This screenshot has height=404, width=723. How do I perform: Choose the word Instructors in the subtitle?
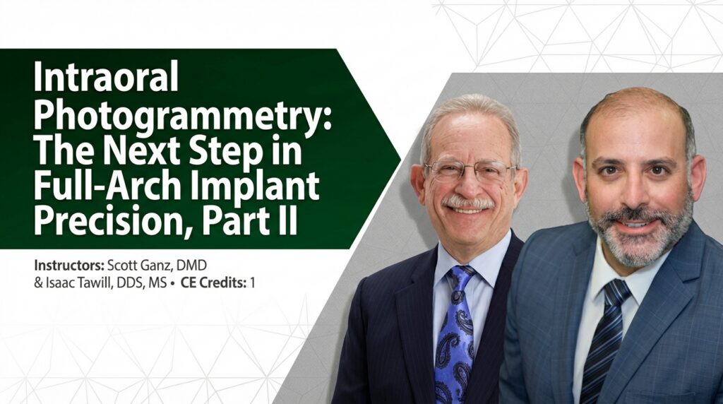(68, 267)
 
